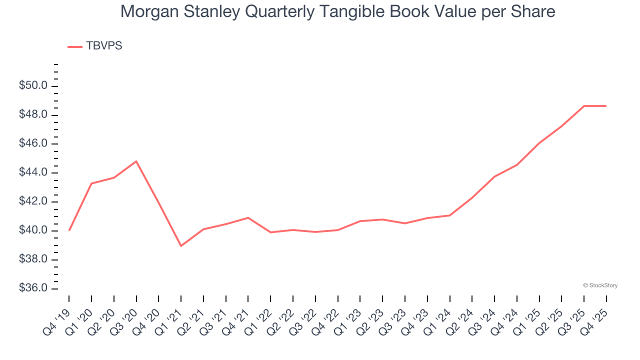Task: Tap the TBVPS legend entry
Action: click(104, 46)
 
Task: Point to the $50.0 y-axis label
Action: click(33, 86)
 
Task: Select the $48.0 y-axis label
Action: click(33, 115)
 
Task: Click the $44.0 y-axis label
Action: click(33, 173)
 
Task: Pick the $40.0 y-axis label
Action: click(33, 231)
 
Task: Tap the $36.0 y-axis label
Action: click(33, 288)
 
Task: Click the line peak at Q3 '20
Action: click(136, 161)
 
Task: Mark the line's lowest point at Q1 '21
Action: click(181, 246)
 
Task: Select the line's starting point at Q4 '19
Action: click(69, 230)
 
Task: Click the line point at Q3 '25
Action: click(584, 106)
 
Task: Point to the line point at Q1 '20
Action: click(91, 183)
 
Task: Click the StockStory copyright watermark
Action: click(600, 285)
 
